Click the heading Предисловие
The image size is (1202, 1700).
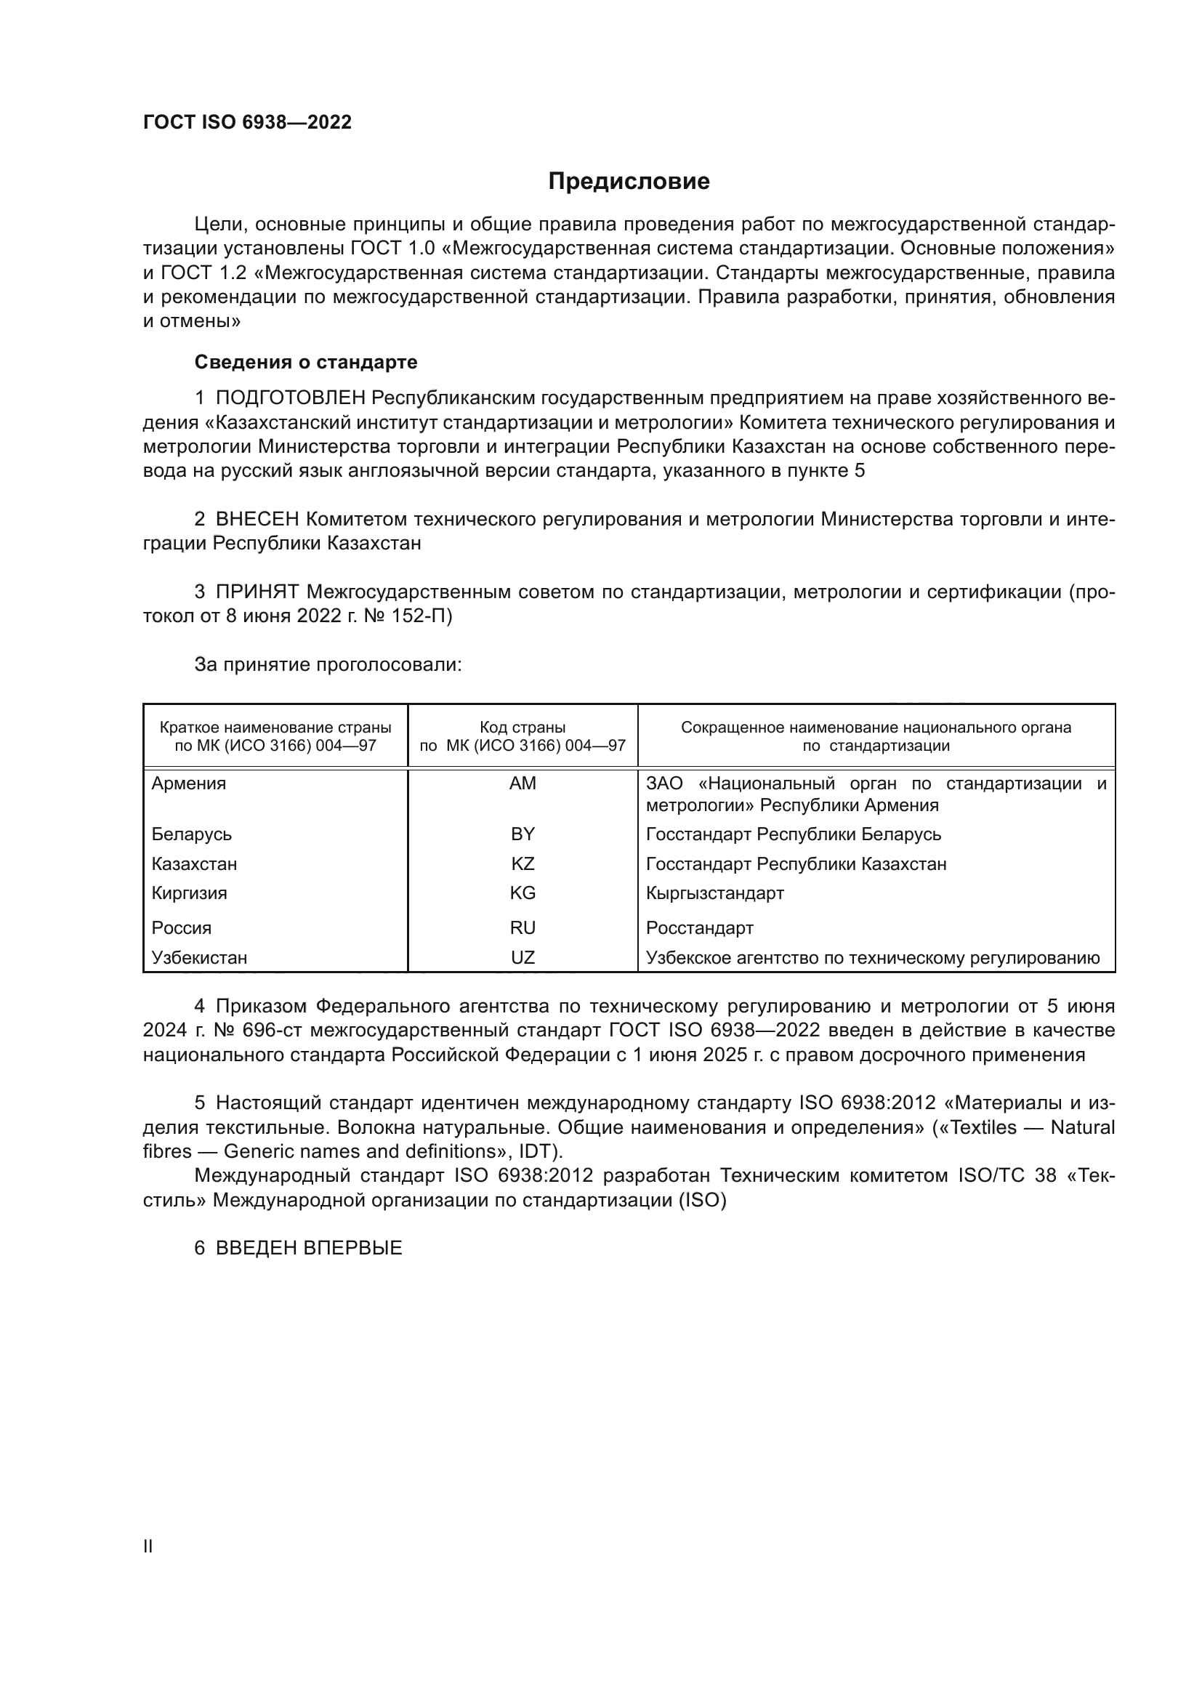click(x=629, y=182)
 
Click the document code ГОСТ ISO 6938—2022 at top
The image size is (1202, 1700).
click(x=247, y=123)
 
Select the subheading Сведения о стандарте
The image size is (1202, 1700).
click(x=306, y=362)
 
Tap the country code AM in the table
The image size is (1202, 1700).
click(x=523, y=783)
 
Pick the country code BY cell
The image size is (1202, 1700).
click(x=523, y=834)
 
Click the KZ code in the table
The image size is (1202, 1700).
click(x=523, y=864)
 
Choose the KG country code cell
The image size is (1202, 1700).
click(x=523, y=893)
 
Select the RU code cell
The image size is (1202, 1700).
click(x=523, y=927)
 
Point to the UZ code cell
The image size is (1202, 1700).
click(x=523, y=957)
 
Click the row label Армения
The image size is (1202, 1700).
click(x=189, y=783)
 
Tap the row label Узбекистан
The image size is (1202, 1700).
click(x=199, y=957)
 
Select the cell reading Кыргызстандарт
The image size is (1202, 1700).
click(x=714, y=893)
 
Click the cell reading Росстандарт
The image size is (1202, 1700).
click(x=699, y=927)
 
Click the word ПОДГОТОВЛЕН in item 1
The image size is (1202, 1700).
click(x=290, y=398)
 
